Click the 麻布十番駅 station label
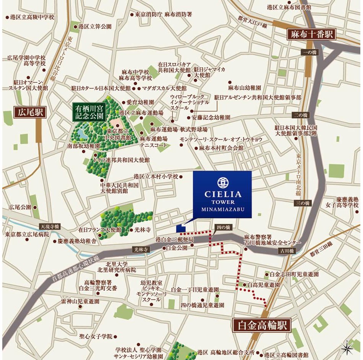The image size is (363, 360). coord(311,34)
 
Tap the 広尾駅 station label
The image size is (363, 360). coord(29,112)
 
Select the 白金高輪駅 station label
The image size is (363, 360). coord(262,325)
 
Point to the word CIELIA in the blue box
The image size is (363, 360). coord(222,194)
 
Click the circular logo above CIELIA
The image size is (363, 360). coord(222,182)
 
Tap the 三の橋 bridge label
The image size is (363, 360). coord(302,203)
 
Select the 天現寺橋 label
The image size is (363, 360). coord(49,226)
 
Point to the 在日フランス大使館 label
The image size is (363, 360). coord(100,230)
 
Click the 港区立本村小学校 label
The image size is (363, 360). coord(156,177)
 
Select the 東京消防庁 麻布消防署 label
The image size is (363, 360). coord(164,15)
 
